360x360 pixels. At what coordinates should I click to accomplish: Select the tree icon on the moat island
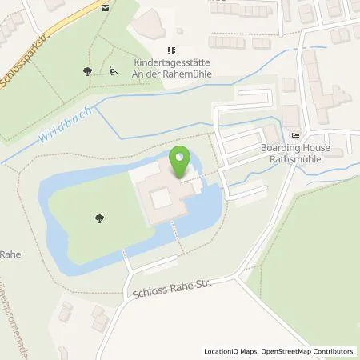99,217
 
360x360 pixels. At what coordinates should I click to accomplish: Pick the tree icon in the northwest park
87,70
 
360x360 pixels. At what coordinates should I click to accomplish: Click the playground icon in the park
114,70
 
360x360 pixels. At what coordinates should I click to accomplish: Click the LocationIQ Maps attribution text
233,350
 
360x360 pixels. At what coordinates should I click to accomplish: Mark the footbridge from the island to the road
126,260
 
